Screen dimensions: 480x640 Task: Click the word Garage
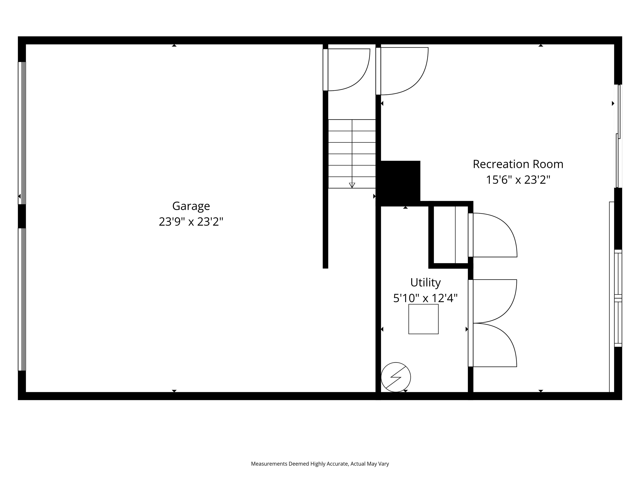(x=191, y=206)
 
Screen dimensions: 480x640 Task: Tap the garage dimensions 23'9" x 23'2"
(x=191, y=222)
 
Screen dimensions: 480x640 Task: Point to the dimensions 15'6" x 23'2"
(x=518, y=180)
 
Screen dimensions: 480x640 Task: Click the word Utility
(x=425, y=282)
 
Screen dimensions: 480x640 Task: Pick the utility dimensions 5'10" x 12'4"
(x=425, y=298)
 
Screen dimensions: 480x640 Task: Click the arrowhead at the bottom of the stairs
(x=352, y=185)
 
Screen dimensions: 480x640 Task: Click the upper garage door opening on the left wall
(x=22, y=133)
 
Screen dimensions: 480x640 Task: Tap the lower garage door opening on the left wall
(x=22, y=299)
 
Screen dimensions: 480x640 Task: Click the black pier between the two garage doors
(x=22, y=216)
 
